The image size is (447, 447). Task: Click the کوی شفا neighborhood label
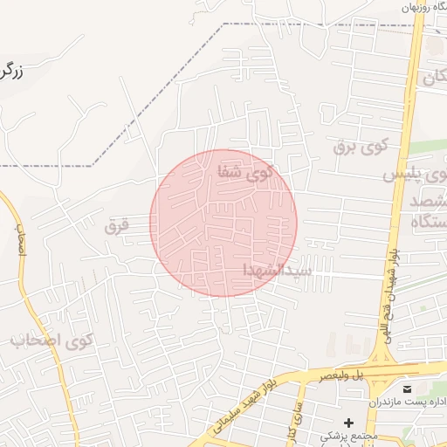245,173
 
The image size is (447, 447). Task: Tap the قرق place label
116,227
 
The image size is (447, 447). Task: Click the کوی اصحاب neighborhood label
52,340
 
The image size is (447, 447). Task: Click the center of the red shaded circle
223,223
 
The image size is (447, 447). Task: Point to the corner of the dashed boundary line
223,24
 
